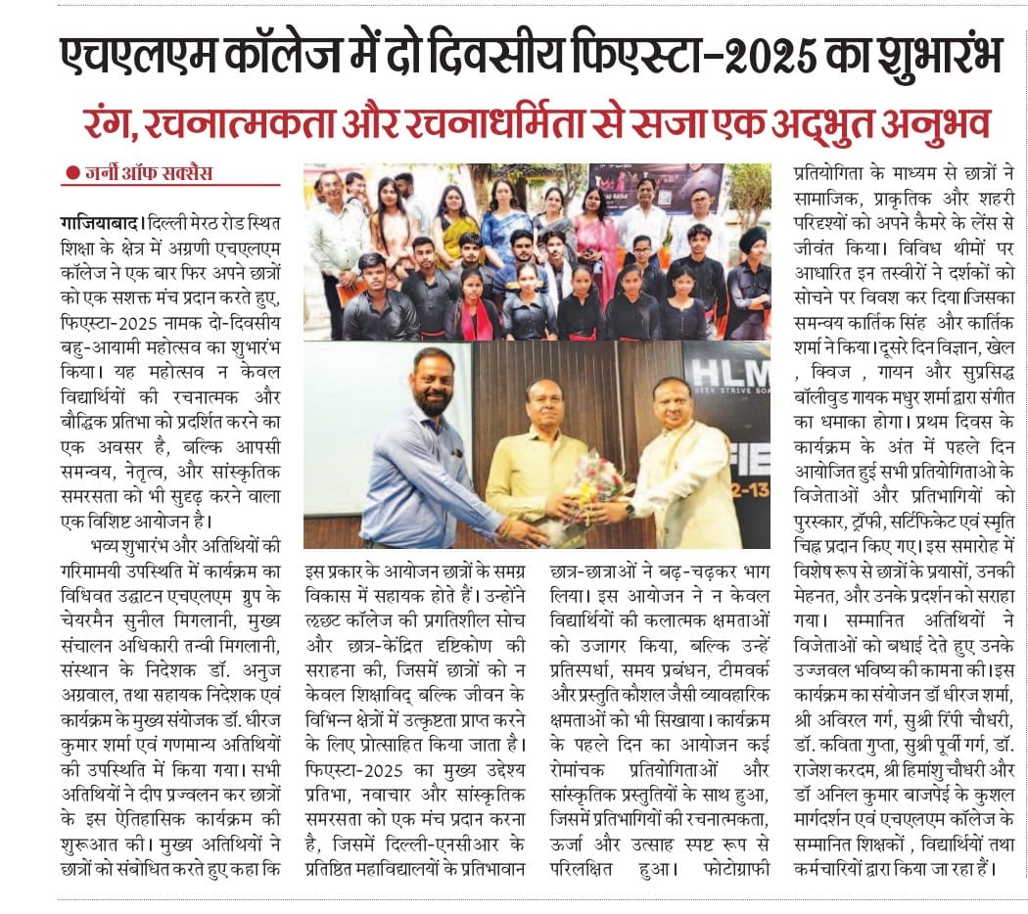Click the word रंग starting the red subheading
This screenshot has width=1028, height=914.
point(110,124)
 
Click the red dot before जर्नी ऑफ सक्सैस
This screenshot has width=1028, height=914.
point(71,174)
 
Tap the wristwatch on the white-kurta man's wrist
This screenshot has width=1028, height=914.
point(630,510)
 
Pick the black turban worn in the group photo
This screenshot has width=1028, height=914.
point(750,240)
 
